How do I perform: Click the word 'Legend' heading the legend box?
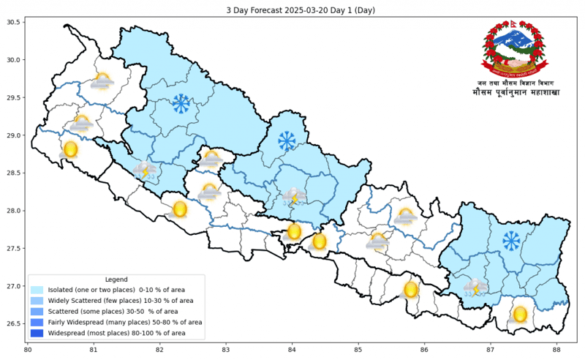[116, 280]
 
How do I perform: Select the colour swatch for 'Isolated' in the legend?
[37, 290]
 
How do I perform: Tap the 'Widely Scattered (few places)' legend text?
[121, 301]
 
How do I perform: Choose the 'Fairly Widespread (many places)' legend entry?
[125, 322]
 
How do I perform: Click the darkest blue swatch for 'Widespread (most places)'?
[37, 333]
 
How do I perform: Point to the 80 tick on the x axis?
[28, 350]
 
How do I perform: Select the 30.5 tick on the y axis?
[13, 22]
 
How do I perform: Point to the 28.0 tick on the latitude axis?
[13, 211]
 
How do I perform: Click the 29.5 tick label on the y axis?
[13, 97]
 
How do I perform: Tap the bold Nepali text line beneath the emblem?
[511, 93]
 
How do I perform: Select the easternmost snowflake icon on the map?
[511, 240]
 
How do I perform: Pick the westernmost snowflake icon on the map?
[180, 104]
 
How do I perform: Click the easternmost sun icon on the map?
[520, 315]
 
